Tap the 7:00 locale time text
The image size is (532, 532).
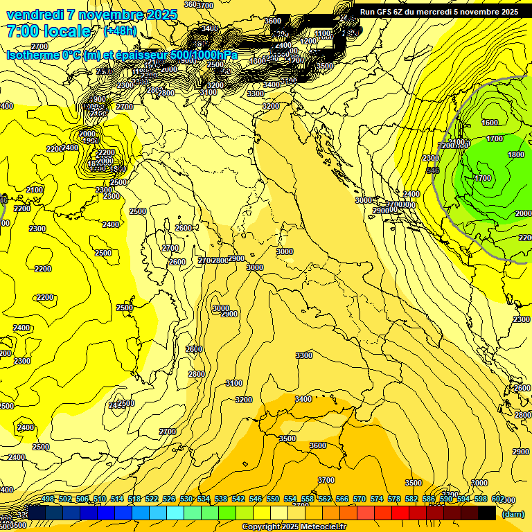(x=48, y=31)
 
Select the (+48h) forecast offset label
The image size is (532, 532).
(x=121, y=31)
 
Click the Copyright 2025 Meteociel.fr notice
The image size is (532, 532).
(x=294, y=527)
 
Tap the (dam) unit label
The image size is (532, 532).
(x=513, y=514)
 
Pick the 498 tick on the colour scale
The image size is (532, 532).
(x=48, y=499)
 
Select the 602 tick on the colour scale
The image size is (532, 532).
(x=498, y=499)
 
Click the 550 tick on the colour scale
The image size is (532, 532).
(x=273, y=499)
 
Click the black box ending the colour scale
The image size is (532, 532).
(x=487, y=513)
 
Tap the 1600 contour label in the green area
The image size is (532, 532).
(x=489, y=123)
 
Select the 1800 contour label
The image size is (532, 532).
(x=515, y=155)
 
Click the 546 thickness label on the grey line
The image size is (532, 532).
(x=433, y=170)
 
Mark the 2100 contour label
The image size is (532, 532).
(x=35, y=190)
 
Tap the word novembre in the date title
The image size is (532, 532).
(x=111, y=15)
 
